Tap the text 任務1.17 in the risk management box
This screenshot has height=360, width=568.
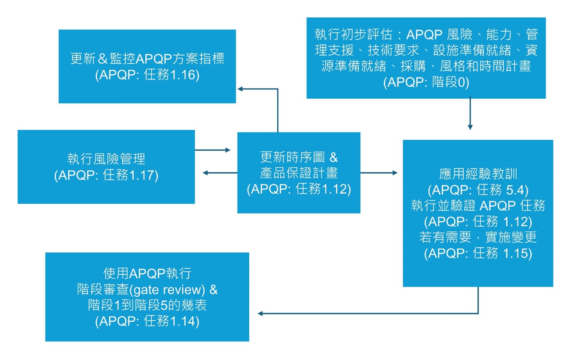click(130, 175)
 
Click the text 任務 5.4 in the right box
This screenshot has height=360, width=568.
click(502, 190)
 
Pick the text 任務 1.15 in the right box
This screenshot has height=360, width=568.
click(502, 253)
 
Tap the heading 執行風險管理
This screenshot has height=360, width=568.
click(106, 159)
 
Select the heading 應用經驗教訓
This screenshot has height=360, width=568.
click(478, 174)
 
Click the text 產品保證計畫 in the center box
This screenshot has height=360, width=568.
click(299, 173)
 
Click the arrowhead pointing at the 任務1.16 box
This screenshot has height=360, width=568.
click(240, 89)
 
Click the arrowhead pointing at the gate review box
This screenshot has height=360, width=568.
click(260, 313)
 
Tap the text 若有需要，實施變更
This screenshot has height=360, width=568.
click(478, 237)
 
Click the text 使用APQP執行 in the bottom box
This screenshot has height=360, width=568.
click(147, 274)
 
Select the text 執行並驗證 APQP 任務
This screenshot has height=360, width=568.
click(478, 206)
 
